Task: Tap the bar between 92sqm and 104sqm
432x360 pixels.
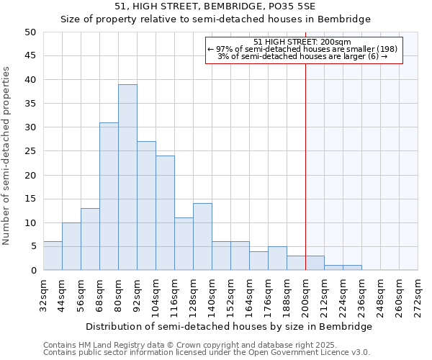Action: click(146, 206)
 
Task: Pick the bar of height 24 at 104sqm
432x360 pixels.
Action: click(165, 213)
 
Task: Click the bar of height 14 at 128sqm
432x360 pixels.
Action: click(202, 237)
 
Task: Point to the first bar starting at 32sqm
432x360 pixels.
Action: click(53, 256)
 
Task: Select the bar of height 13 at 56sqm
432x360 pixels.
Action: click(90, 239)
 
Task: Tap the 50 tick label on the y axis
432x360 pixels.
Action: click(30, 32)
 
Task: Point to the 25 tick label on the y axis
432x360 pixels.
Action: click(30, 151)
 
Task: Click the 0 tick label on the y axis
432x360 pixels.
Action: click(33, 271)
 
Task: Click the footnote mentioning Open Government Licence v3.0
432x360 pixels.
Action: click(207, 353)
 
